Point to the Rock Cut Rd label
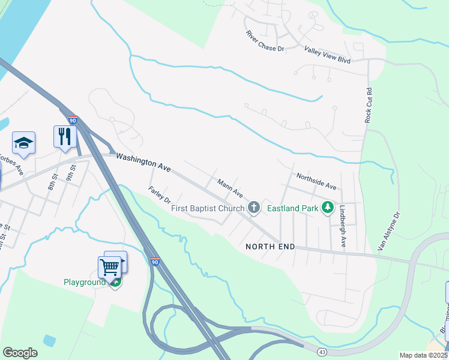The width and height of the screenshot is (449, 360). pyautogui.click(x=369, y=107)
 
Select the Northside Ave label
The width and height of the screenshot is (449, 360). pyautogui.click(x=318, y=181)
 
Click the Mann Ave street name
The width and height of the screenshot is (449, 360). pyautogui.click(x=230, y=189)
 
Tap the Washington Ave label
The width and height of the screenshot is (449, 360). pyautogui.click(x=143, y=163)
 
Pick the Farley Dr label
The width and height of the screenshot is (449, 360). pyautogui.click(x=160, y=194)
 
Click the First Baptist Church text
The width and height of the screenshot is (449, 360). pyautogui.click(x=208, y=208)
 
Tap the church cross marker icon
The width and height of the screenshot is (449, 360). pyautogui.click(x=254, y=208)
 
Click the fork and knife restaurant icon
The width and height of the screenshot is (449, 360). pyautogui.click(x=64, y=137)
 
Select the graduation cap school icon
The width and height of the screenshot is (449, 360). pyautogui.click(x=23, y=143)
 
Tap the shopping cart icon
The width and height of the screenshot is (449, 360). pyautogui.click(x=109, y=266)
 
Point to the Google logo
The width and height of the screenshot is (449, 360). pyautogui.click(x=20, y=353)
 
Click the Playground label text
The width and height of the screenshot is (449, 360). pyautogui.click(x=85, y=282)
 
